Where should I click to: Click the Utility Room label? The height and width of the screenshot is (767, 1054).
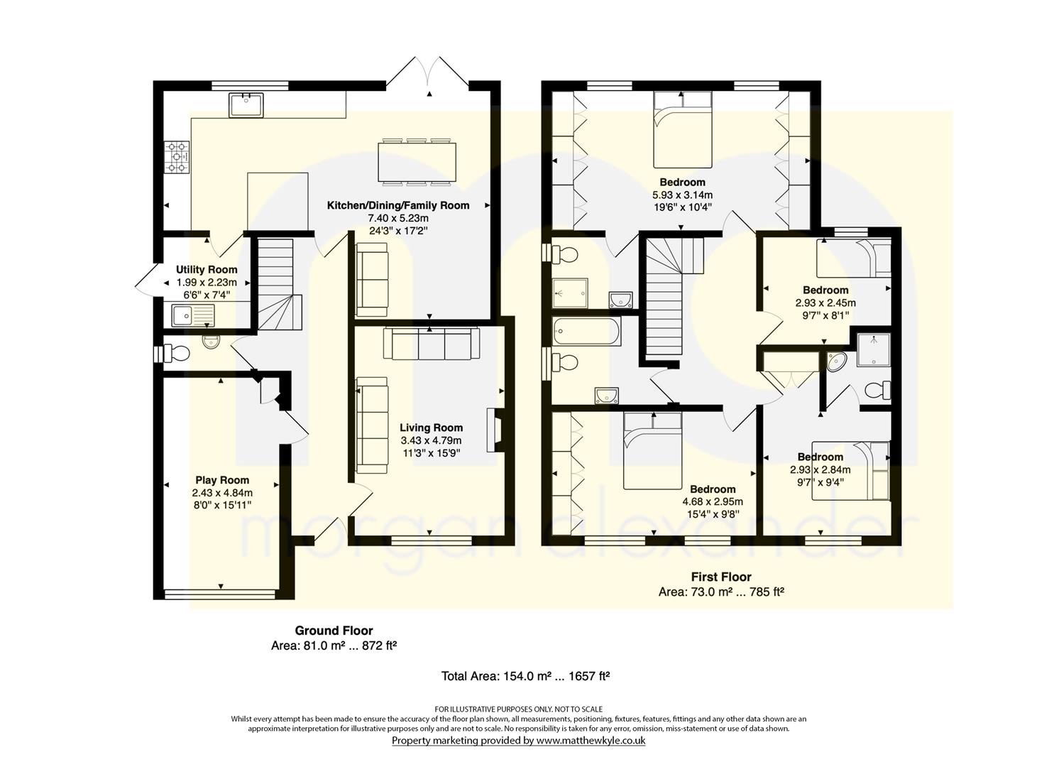point(207,270)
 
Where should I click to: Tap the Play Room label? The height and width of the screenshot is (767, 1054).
point(222,480)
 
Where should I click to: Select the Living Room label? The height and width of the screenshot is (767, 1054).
point(431,428)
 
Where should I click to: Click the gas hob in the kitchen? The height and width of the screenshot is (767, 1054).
point(177,157)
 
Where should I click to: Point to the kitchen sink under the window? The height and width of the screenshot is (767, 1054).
point(246,104)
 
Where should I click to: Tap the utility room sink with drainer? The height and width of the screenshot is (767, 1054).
point(193,315)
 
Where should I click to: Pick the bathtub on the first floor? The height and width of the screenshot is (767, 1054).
point(587,332)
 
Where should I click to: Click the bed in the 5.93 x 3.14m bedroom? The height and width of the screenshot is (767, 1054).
point(682,129)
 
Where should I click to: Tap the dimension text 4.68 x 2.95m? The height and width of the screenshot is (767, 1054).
point(713,502)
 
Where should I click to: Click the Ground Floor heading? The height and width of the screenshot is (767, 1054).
point(334,631)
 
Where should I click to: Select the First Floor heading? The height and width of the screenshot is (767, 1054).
point(721,577)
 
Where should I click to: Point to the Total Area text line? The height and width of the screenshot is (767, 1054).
point(526,677)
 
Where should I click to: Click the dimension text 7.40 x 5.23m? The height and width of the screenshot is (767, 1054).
point(398,219)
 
